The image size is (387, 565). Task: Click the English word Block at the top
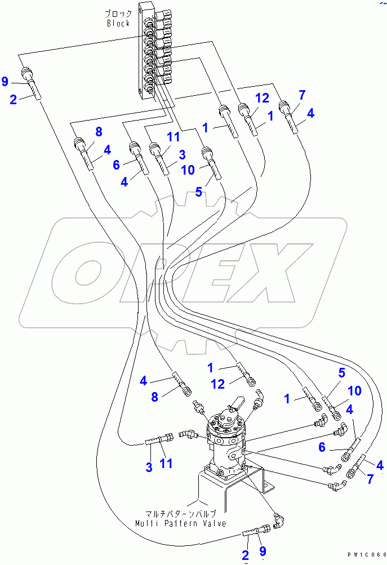(x=119, y=23)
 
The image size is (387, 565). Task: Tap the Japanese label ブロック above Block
(x=119, y=13)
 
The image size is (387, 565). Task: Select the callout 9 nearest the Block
(x=5, y=82)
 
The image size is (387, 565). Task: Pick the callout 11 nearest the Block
(x=173, y=136)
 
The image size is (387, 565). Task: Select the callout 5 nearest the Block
(x=198, y=192)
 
